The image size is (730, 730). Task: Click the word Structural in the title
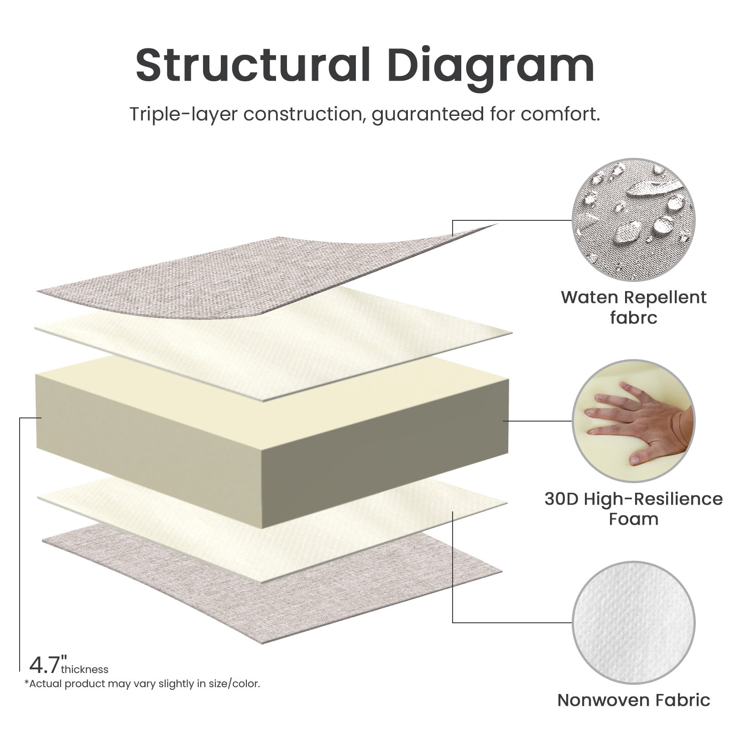click(253, 65)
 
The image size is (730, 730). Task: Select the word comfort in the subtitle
click(560, 114)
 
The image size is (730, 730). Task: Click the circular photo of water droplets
click(633, 220)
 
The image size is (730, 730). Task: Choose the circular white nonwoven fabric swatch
click(633, 623)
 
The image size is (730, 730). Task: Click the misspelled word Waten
click(589, 297)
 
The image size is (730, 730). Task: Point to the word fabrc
click(634, 318)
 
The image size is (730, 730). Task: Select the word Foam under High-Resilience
click(634, 519)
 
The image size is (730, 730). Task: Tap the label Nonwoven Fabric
click(634, 700)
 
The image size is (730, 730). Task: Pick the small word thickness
click(85, 669)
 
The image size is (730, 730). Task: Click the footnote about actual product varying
click(142, 684)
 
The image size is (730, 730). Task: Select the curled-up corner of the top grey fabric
click(474, 230)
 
